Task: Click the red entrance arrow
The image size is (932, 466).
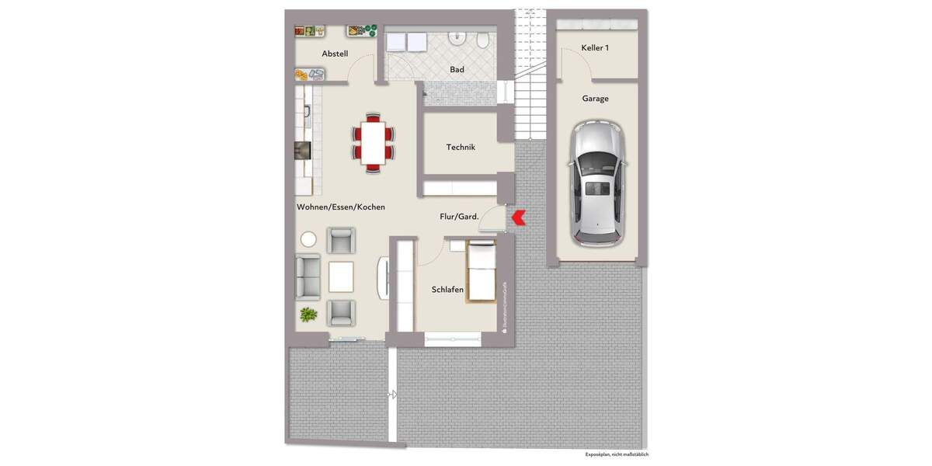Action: click(x=517, y=219)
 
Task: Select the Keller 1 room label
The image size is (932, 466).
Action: click(x=595, y=48)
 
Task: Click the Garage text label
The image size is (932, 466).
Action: click(x=596, y=99)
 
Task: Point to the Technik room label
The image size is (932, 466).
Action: click(x=461, y=147)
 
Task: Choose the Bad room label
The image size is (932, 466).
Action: click(x=457, y=70)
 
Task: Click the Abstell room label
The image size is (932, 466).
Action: click(x=335, y=54)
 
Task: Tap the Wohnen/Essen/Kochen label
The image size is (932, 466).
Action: click(x=340, y=207)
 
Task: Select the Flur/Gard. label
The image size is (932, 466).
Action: click(x=459, y=217)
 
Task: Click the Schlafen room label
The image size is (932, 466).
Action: click(x=447, y=290)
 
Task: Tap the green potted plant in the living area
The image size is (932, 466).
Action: click(x=308, y=315)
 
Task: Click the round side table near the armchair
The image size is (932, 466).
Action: click(x=308, y=239)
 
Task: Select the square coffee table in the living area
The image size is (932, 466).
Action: click(x=340, y=276)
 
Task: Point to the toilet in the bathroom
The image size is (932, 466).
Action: click(x=483, y=39)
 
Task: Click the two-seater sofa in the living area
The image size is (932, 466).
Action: click(x=308, y=276)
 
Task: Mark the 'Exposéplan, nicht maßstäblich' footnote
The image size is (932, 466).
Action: click(x=617, y=454)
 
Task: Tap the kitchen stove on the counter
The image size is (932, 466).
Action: click(x=302, y=150)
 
